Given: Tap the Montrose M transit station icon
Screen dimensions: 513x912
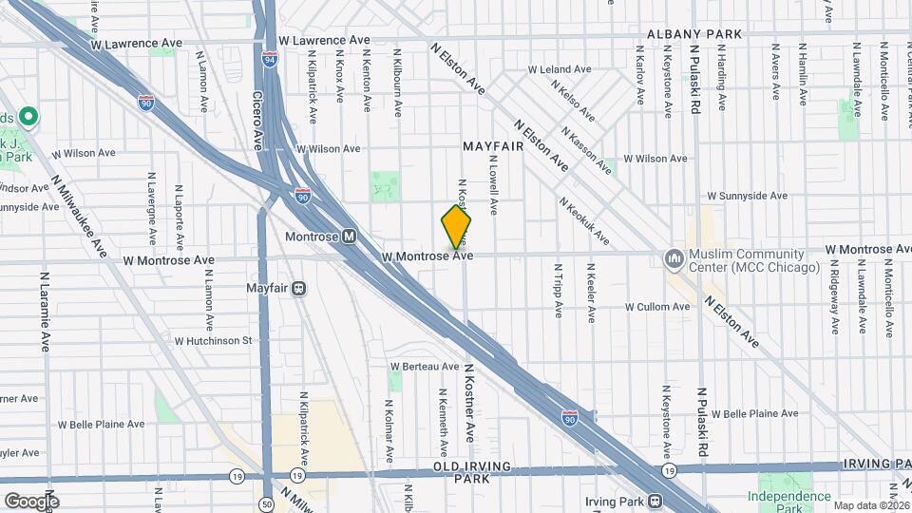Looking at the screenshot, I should (x=349, y=237).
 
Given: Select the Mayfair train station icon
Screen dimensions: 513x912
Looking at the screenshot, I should (x=298, y=288).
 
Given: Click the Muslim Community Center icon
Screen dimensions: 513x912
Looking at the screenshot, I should (x=674, y=258).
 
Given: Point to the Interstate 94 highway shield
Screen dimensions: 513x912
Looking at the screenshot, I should (x=271, y=60).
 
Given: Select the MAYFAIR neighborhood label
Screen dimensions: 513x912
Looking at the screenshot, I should (x=494, y=147).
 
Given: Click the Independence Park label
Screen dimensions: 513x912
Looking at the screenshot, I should (x=788, y=497).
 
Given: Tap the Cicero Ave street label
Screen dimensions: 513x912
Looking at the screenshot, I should (x=256, y=121).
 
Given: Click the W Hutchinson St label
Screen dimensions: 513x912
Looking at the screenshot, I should (x=213, y=339).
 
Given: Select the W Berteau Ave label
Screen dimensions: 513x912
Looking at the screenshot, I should (x=425, y=366).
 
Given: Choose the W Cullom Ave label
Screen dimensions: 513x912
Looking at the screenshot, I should (x=657, y=307).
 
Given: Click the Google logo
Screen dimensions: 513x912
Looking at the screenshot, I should (x=30, y=501).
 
